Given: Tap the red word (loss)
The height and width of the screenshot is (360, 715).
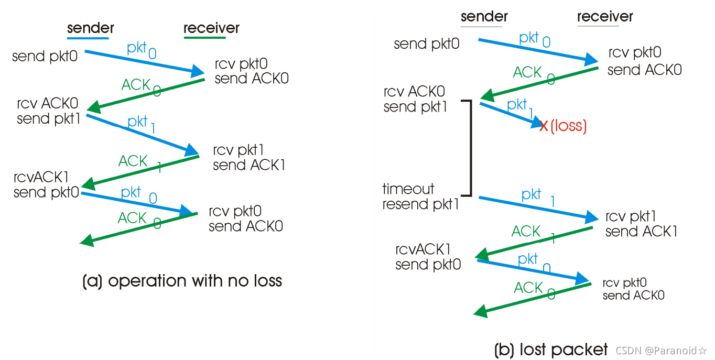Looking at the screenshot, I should click(x=568, y=126).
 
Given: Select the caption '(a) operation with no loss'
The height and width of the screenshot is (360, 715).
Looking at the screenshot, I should click(x=182, y=281).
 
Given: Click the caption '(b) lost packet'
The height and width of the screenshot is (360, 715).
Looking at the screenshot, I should click(x=551, y=349).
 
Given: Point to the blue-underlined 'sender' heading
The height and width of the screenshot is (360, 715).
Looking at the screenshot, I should click(x=90, y=28).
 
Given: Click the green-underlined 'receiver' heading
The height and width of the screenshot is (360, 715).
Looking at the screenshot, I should click(x=211, y=28).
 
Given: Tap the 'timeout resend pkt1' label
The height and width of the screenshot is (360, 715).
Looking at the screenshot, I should click(x=420, y=197).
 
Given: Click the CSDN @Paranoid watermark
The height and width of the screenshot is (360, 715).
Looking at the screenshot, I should click(x=661, y=350).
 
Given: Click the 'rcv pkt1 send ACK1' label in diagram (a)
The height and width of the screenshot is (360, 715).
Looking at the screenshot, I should click(x=249, y=158).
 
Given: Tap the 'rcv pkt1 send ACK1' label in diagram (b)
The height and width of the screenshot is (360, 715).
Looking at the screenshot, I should click(x=641, y=224).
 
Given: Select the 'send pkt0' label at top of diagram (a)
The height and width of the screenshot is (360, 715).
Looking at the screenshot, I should click(x=45, y=56).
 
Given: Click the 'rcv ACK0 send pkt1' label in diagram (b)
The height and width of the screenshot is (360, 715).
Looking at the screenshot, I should click(x=415, y=100).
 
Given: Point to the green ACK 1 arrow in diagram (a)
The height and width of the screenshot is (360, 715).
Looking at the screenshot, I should click(x=142, y=170).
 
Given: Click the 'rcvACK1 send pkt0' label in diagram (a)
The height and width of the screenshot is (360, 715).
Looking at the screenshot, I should click(x=47, y=185).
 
